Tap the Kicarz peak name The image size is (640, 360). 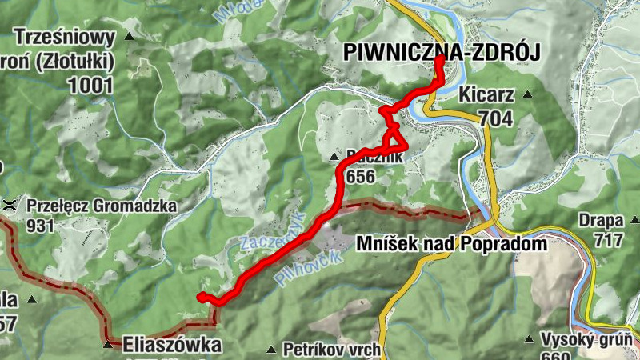(x=487, y=95)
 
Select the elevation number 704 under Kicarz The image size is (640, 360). (x=495, y=118)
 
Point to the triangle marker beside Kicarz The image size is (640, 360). (x=527, y=95)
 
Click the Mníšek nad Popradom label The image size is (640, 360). (x=453, y=244)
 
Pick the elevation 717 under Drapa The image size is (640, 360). (x=609, y=239)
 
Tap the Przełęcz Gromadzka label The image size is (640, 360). (x=101, y=206)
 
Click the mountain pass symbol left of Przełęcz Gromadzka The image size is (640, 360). (x=11, y=204)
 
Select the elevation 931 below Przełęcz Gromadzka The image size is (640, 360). (x=40, y=226)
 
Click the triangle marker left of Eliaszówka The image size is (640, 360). (x=107, y=346)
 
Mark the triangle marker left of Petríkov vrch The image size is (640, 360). (x=271, y=350)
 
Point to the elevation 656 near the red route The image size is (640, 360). (x=361, y=177)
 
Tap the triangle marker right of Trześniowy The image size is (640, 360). (x=130, y=37)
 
